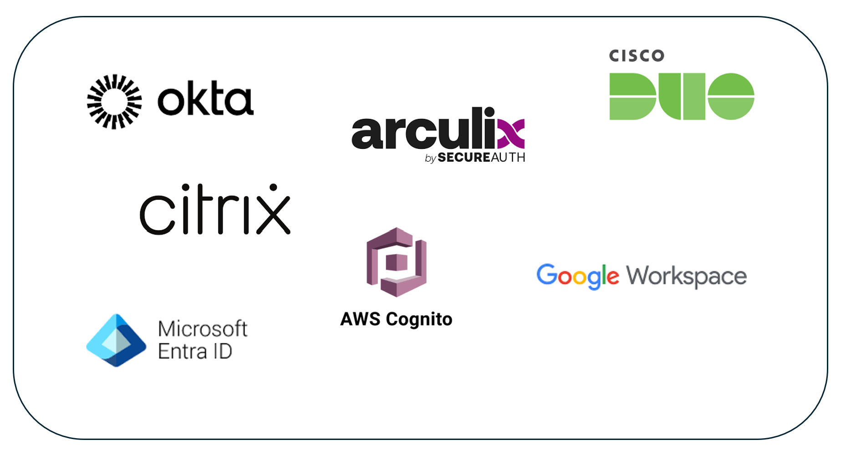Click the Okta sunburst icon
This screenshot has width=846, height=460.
click(114, 102)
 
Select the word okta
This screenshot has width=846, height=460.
click(205, 99)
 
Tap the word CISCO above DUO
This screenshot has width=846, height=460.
click(637, 56)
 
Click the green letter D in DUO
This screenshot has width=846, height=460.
click(632, 97)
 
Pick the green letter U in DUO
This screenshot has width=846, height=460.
click(682, 97)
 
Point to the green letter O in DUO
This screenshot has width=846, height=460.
click(731, 97)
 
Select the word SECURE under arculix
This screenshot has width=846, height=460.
click(464, 158)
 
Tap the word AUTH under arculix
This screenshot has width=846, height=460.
click(508, 158)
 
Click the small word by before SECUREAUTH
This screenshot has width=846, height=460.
click(430, 158)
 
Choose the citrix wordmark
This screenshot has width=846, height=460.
click(215, 210)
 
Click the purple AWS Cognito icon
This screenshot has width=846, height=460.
click(397, 262)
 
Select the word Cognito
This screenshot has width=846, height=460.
click(419, 320)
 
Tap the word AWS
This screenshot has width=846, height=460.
click(360, 319)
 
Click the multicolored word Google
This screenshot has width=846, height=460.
click(577, 276)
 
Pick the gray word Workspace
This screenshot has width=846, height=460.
click(687, 276)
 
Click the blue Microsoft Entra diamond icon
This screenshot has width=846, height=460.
click(117, 340)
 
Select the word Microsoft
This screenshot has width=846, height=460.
click(203, 329)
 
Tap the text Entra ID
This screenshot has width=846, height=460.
click(195, 352)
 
